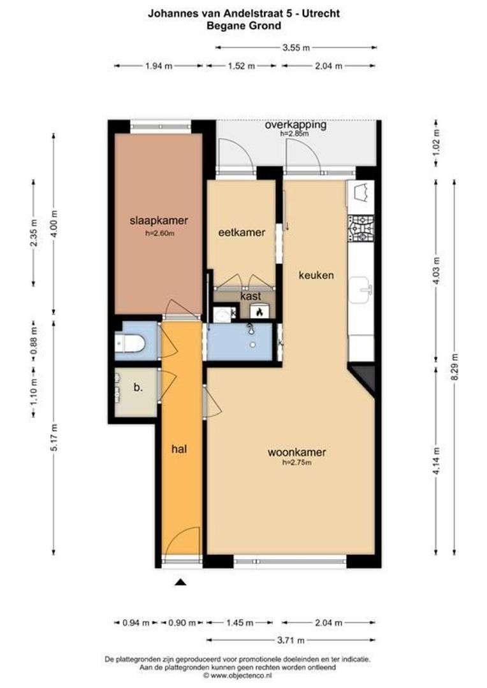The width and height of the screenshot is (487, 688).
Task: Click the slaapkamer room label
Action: coord(158,221)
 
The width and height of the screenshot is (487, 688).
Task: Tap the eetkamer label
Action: coord(242,233)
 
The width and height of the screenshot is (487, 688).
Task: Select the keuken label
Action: coord(317,275)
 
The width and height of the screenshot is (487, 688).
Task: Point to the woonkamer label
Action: coord(296,452)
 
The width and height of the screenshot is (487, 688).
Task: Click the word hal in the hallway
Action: coord(179,448)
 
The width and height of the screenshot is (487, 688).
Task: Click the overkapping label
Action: coord(295,125)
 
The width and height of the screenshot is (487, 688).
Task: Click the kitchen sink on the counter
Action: coord(362,290)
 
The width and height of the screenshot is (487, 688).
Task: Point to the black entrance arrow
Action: coord(181,582)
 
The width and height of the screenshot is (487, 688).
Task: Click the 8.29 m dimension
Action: coord(454,366)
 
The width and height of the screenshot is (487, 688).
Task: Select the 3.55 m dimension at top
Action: coord(296,47)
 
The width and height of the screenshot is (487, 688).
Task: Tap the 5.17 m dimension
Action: coord(54,437)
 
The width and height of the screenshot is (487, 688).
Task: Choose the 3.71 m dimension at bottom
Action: coord(291,640)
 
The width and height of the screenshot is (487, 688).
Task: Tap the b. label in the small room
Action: coord(137,386)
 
